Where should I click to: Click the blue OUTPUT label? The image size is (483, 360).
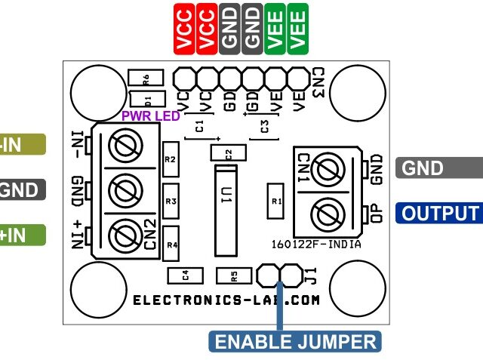(x=440, y=214)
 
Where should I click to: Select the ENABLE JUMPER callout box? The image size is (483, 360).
(x=295, y=341)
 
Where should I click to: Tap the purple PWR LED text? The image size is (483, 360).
(x=151, y=116)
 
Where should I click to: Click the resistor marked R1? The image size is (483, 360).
(x=275, y=202)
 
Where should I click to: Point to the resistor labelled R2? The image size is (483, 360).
(x=171, y=160)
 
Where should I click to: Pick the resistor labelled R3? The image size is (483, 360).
(x=171, y=202)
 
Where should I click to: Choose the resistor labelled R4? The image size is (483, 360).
(x=171, y=245)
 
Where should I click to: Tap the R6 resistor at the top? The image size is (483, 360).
(x=146, y=78)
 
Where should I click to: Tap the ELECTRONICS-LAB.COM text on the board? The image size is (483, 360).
(x=226, y=300)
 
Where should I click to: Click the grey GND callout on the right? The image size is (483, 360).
(x=438, y=168)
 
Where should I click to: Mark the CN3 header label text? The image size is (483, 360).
(x=318, y=82)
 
